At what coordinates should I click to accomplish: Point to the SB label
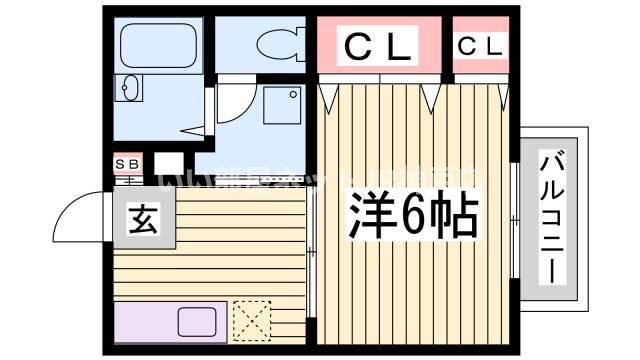tap(127, 162)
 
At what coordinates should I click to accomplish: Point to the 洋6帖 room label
tap(410, 211)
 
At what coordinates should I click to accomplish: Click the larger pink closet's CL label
tap(378, 47)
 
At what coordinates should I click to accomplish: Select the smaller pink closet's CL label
tap(481, 46)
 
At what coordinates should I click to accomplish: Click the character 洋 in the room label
tap(366, 211)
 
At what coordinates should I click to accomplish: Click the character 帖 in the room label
tap(452, 211)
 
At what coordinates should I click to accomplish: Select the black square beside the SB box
tap(168, 162)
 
